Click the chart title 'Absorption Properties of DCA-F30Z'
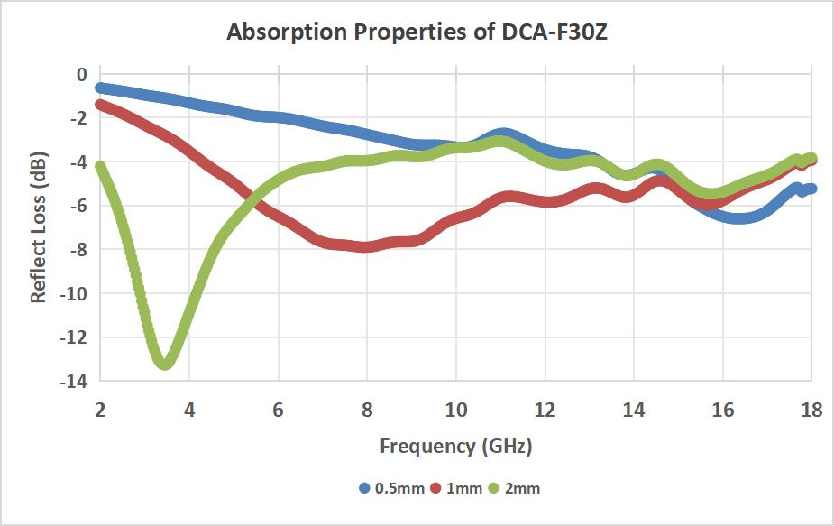417,33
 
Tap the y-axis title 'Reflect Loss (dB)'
39,227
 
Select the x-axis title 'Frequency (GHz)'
455,446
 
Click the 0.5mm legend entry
389,488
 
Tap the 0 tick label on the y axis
81,74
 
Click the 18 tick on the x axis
811,409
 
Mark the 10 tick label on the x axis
455,409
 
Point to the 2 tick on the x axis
100,409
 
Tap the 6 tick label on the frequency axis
278,409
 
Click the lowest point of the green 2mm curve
166,363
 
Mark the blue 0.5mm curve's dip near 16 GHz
739,217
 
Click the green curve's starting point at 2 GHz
101,167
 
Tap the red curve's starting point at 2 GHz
101,105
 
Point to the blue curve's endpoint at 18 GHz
811,189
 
